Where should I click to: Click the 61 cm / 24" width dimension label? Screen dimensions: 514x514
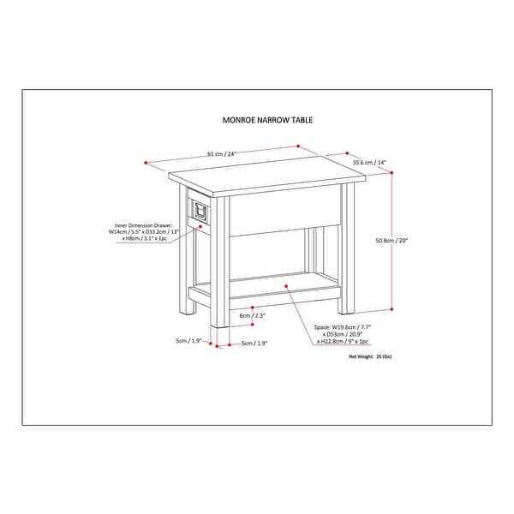(x=221, y=154)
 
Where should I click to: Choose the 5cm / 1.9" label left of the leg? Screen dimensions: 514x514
(x=188, y=340)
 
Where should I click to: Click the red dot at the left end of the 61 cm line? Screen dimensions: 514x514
(x=147, y=161)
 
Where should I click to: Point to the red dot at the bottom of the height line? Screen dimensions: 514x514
(x=392, y=308)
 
